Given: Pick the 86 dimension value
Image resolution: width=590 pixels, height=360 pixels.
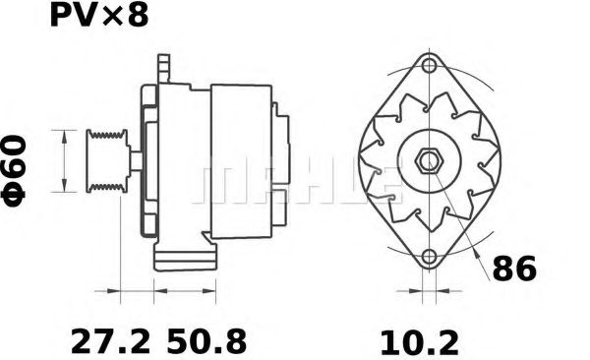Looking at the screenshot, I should click(516, 269).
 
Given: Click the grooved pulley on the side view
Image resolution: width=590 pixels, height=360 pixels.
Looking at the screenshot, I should click(103, 159).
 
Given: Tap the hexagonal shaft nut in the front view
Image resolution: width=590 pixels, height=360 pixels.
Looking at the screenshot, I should click(428, 160).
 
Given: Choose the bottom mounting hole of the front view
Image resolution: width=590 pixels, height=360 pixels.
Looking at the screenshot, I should click(428, 259).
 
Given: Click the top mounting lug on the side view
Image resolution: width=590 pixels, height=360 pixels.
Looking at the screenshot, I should click(162, 69).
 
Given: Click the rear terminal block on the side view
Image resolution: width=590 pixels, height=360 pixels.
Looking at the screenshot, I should click(283, 157).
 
